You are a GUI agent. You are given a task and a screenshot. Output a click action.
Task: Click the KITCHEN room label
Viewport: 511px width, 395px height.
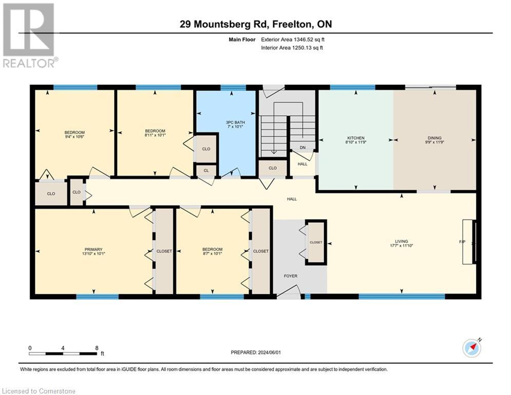pyautogui.click(x=356, y=138)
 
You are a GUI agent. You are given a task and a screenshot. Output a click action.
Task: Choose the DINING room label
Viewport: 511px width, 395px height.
pyautogui.click(x=434, y=138)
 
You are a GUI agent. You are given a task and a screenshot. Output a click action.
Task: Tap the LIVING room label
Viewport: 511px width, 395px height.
pyautogui.click(x=401, y=241)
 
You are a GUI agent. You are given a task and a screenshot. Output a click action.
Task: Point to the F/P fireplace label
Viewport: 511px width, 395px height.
pyautogui.click(x=461, y=241)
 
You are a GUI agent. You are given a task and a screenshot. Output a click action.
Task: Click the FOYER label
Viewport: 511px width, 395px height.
pyautogui.click(x=291, y=276)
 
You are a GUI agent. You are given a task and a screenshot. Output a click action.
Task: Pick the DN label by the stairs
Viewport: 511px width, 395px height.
pyautogui.click(x=303, y=148)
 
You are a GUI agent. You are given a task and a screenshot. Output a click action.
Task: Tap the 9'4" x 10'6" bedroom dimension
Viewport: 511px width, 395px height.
pyautogui.click(x=74, y=137)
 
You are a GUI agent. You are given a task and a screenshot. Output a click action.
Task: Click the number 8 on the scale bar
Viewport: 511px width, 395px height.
pyautogui.click(x=97, y=348)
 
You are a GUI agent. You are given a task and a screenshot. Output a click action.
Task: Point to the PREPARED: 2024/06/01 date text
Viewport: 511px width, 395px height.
pyautogui.click(x=255, y=352)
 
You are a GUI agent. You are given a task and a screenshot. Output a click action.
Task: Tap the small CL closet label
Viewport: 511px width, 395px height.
pyautogui.click(x=206, y=170)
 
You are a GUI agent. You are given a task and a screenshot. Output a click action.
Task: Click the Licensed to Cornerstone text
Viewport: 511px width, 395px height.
pyautogui.click(x=39, y=391)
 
